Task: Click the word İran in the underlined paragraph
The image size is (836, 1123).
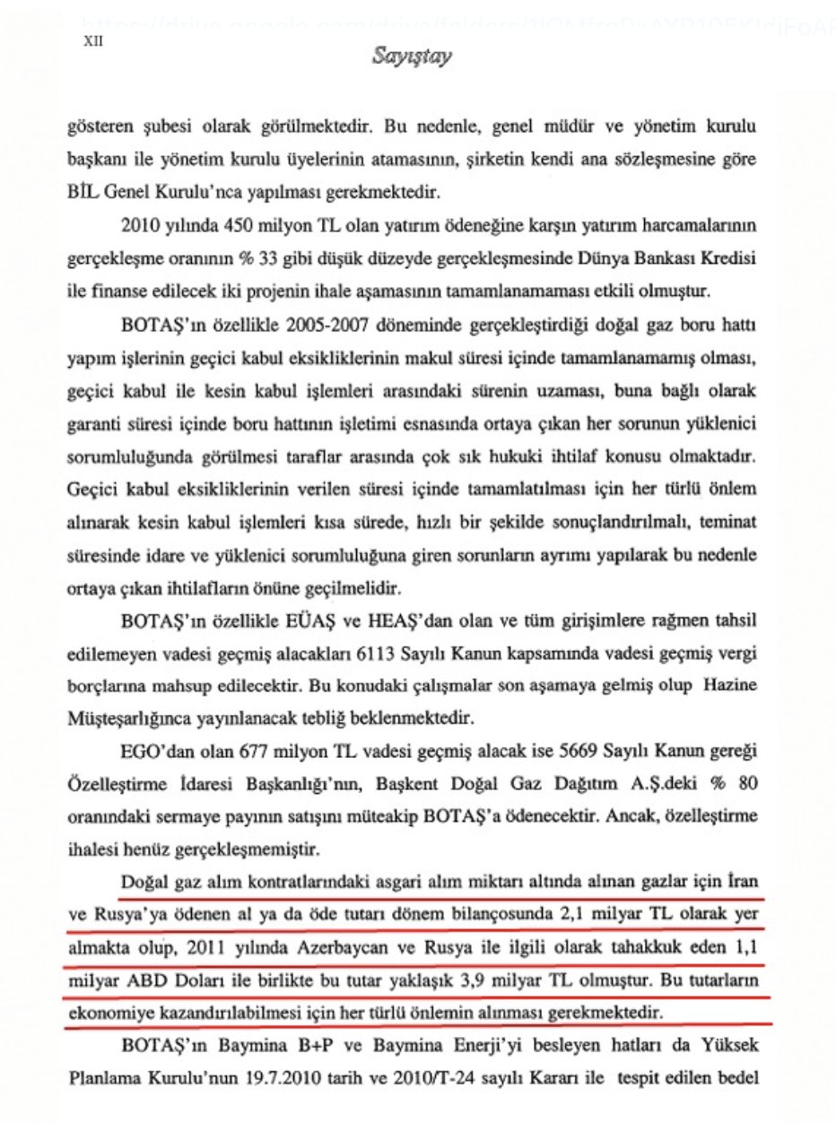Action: [x=742, y=882]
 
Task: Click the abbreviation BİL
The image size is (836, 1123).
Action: [x=88, y=191]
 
